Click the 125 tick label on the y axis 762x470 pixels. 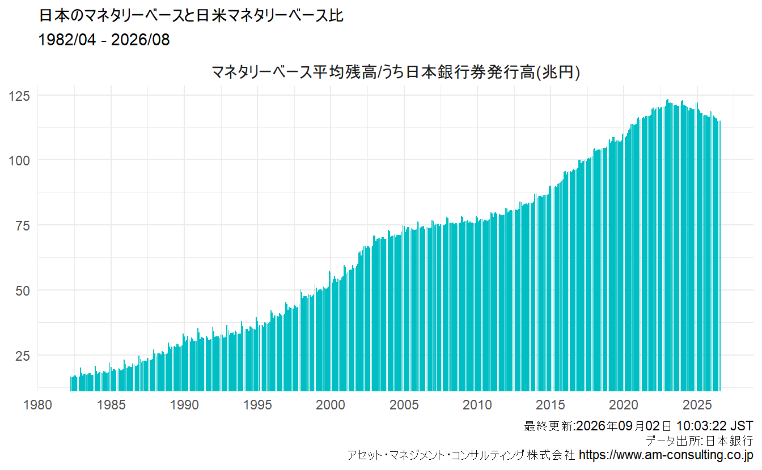pos(19,96)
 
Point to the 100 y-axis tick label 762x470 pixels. pos(19,161)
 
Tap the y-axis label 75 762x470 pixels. pos(23,226)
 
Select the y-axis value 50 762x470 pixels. pos(23,291)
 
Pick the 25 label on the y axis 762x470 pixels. pos(23,356)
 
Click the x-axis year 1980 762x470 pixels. pos(37,405)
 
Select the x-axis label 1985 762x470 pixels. pos(111,405)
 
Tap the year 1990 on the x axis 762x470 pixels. pos(184,405)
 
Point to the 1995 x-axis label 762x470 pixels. pos(257,405)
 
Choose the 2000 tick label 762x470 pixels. pos(331,405)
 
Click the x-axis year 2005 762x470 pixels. pos(404,405)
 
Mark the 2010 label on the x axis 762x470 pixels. pos(477,405)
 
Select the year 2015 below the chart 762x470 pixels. pos(551,405)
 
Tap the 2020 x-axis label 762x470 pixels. pos(624,405)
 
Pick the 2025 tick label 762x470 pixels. pos(697,405)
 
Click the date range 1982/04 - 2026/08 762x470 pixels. pos(104,40)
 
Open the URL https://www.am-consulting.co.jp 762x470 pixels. pos(666,455)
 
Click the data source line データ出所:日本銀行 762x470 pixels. pos(700,441)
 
